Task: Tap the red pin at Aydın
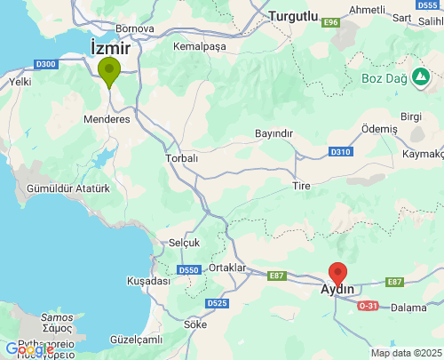coord(337,274)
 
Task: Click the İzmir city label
coord(110,46)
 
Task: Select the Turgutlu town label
coord(293,16)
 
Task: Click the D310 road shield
coord(341,152)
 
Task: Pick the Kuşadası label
coord(148,281)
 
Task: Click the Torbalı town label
coord(181,158)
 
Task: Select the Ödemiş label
coord(380,129)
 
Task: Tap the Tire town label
coord(301,186)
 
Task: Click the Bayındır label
coord(273,133)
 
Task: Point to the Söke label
coord(195,324)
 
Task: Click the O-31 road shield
coord(368,306)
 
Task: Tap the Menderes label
coord(107,119)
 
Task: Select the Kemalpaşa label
coord(201,46)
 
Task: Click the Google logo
coord(29,349)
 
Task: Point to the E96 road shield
coord(332,21)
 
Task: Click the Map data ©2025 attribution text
coord(405,353)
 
